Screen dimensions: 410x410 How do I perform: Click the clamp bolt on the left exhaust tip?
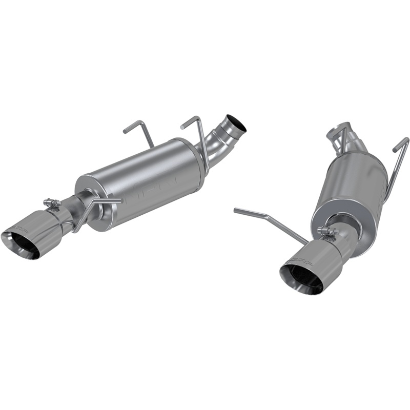[x=51, y=203]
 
